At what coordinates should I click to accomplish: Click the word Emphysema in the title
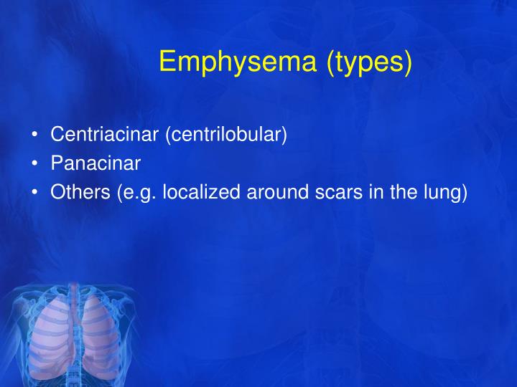tap(238, 62)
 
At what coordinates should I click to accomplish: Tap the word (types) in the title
tap(369, 62)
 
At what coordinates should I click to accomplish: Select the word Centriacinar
tap(105, 134)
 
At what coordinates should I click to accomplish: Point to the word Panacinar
tap(96, 163)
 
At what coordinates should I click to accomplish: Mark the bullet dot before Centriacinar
tap(34, 135)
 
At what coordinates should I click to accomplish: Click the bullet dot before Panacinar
tap(34, 164)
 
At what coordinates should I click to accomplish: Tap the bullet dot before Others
tap(34, 193)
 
